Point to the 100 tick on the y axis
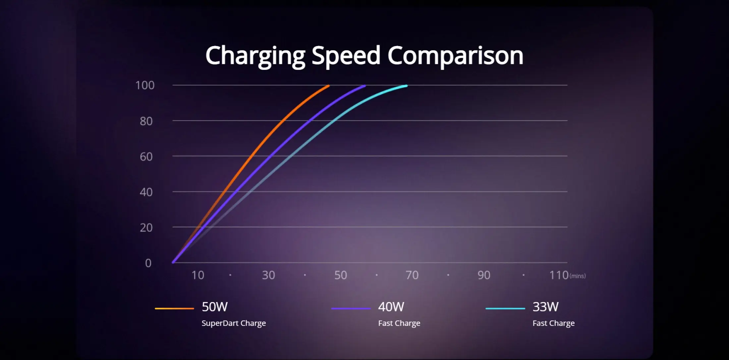[x=145, y=85]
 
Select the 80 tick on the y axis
[x=146, y=121]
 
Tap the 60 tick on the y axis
[x=146, y=157]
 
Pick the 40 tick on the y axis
[x=146, y=192]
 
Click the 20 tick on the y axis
[x=146, y=228]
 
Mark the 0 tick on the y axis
[x=148, y=263]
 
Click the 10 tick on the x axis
[x=198, y=275]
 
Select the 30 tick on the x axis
[x=268, y=275]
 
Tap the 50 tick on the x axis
[x=341, y=275]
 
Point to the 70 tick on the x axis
[x=412, y=275]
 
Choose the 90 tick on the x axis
[x=484, y=275]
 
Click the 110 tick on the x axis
[x=559, y=275]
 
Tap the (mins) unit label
[x=578, y=276]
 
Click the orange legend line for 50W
[x=174, y=308]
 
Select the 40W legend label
[x=391, y=307]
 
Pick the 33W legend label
[x=545, y=307]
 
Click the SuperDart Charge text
[x=234, y=323]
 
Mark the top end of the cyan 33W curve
[x=407, y=86]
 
